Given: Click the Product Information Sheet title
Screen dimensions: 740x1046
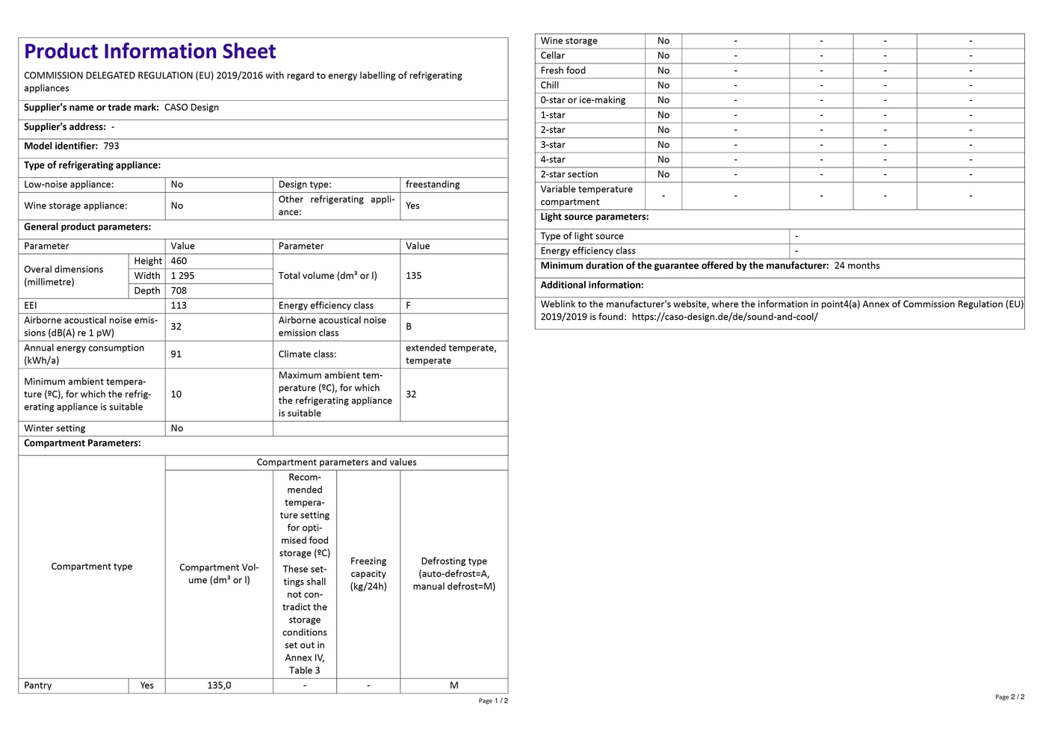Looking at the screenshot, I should pyautogui.click(x=150, y=52).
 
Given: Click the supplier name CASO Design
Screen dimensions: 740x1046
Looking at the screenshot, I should pyautogui.click(x=191, y=108).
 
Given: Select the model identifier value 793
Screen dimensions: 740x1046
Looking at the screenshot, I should pyautogui.click(x=111, y=147).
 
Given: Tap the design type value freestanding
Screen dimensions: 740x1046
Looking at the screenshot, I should pyautogui.click(x=433, y=185).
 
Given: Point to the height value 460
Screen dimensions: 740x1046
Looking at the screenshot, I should pyautogui.click(x=179, y=261).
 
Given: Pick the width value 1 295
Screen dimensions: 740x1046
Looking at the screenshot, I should pyautogui.click(x=182, y=276).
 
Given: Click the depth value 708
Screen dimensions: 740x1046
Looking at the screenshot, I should pyautogui.click(x=179, y=291).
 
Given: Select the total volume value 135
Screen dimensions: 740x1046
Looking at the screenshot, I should pyautogui.click(x=413, y=276).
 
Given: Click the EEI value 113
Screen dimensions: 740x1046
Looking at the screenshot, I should pyautogui.click(x=179, y=306).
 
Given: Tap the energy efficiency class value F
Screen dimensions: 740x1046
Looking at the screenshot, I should pyautogui.click(x=408, y=306).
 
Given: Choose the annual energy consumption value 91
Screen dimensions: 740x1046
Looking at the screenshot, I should pyautogui.click(x=176, y=354).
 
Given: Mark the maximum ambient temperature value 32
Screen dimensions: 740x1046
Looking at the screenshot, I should pyautogui.click(x=411, y=395).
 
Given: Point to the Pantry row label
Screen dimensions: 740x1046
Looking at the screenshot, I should pyautogui.click(x=38, y=685).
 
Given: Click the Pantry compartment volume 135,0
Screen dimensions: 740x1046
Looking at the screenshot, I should pyautogui.click(x=219, y=685).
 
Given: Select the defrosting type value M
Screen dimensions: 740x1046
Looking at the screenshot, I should pyautogui.click(x=454, y=685).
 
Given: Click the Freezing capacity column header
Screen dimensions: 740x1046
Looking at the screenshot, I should pyautogui.click(x=368, y=574).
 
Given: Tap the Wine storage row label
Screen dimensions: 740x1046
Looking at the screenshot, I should pyautogui.click(x=569, y=41).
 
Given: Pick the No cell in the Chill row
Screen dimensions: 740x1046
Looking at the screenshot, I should pyautogui.click(x=663, y=85).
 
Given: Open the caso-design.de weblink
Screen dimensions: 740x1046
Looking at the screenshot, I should pyautogui.click(x=724, y=317).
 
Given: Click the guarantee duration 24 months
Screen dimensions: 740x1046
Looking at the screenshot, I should pyautogui.click(x=857, y=266).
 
